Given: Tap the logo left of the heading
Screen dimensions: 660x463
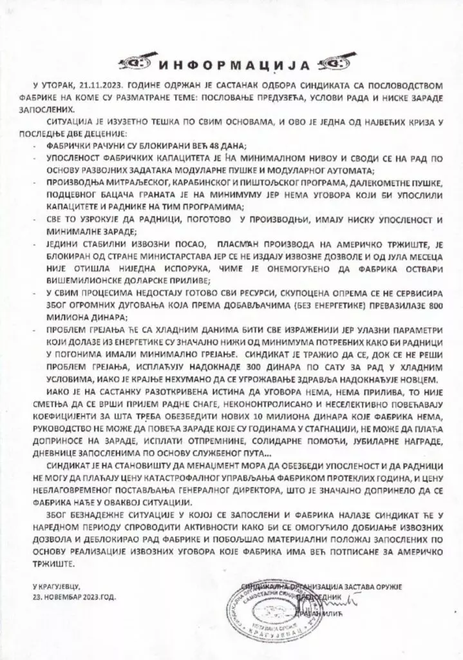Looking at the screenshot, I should [x=137, y=63].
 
